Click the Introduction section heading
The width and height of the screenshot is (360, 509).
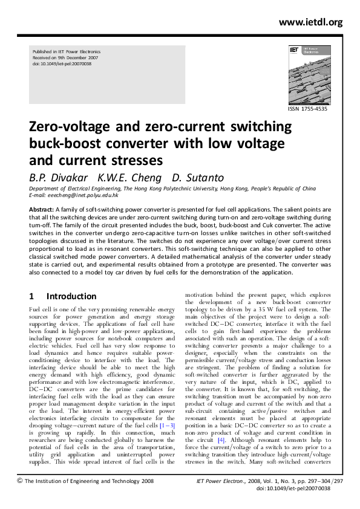click(x=71, y=296)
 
